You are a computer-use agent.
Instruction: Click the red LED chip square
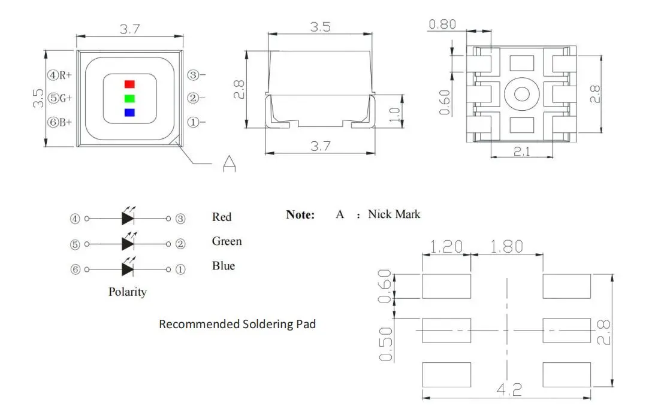coord(129,84)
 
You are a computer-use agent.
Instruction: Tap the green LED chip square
coord(129,98)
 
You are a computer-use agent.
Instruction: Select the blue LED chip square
coord(129,112)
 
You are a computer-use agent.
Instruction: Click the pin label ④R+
coord(60,75)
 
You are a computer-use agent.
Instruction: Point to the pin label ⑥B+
coord(60,122)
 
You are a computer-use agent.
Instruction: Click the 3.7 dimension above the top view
coord(130,29)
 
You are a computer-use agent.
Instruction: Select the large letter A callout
coord(229,163)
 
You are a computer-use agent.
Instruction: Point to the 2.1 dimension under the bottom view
coord(522,152)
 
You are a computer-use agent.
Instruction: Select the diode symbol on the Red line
coord(128,219)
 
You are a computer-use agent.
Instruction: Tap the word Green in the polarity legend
coord(227,241)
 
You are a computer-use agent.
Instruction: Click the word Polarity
coord(127,292)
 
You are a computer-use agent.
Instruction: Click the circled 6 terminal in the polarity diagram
coord(76,269)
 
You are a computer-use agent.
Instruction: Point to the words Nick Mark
coord(394,214)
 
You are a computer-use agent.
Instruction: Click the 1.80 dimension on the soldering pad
coord(506,246)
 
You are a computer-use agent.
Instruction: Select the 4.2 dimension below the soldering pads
coord(509,390)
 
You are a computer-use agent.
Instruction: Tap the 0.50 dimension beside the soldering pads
coord(387,344)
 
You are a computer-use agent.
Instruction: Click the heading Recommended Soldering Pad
coord(237,324)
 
